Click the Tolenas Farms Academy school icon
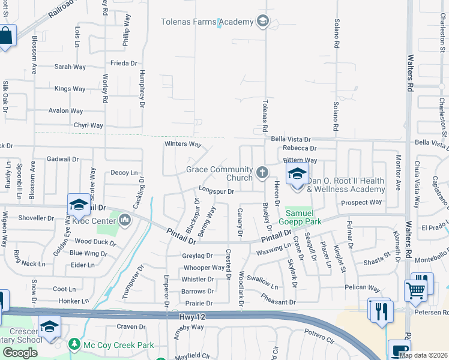[262, 22]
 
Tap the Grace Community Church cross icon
[262, 173]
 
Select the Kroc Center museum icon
[125, 220]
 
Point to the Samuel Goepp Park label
[303, 217]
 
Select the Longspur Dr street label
[215, 191]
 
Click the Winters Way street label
[183, 144]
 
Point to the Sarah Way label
[70, 67]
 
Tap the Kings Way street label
[70, 89]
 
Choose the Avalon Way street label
[65, 111]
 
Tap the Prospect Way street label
[361, 202]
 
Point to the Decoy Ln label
[124, 172]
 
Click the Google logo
[19, 352]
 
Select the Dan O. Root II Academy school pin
[297, 175]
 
